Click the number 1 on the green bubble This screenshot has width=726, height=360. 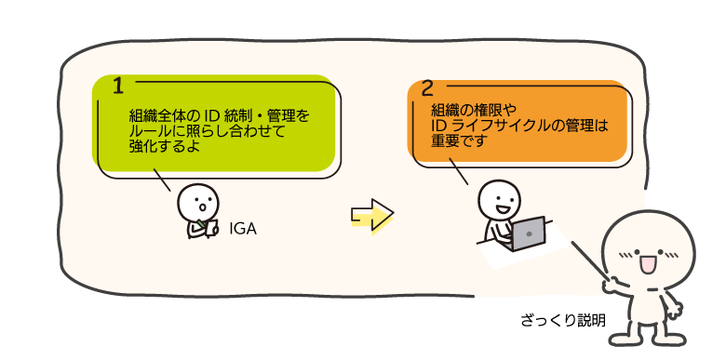[x=118, y=86]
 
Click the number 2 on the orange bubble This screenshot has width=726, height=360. [x=427, y=89]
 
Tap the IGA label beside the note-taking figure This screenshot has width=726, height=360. [x=243, y=229]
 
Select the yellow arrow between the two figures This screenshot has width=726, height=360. [x=371, y=215]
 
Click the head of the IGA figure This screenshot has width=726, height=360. [x=198, y=203]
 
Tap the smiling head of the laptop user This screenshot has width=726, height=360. [x=499, y=200]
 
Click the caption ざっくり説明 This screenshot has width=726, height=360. [x=563, y=320]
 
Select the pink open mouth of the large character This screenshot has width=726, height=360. [x=646, y=264]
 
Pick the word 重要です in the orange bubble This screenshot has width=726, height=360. [x=460, y=140]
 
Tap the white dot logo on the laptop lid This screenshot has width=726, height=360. [x=529, y=234]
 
